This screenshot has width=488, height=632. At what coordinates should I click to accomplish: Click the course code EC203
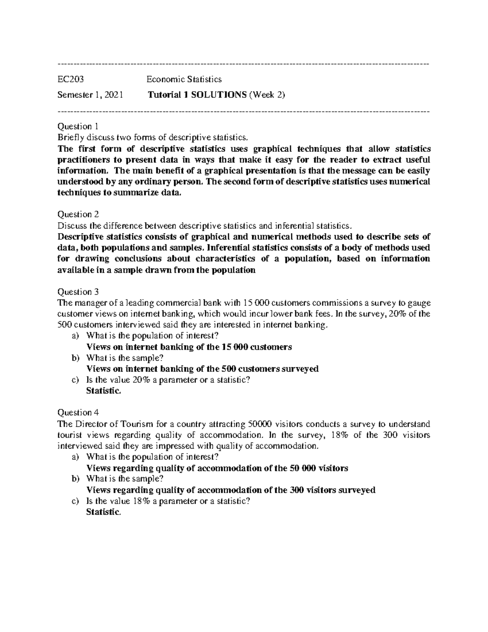point(71,79)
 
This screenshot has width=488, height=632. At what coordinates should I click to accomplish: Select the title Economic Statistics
point(184,79)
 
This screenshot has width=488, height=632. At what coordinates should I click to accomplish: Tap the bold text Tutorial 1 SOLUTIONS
point(197,95)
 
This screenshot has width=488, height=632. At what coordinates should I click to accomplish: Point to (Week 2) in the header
point(267,95)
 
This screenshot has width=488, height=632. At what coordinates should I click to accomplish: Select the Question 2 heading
point(78,214)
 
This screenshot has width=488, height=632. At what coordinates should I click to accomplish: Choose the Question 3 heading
point(78,292)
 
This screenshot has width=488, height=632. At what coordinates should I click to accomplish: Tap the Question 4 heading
point(78,413)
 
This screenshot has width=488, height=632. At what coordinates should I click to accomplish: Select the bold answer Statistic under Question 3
point(103,391)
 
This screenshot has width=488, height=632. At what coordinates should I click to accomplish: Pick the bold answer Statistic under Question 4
point(103,512)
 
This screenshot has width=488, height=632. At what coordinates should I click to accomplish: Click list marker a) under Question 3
point(75,336)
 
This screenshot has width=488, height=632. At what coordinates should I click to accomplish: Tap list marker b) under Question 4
point(75,479)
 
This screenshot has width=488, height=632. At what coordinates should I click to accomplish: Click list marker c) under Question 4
point(75,501)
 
